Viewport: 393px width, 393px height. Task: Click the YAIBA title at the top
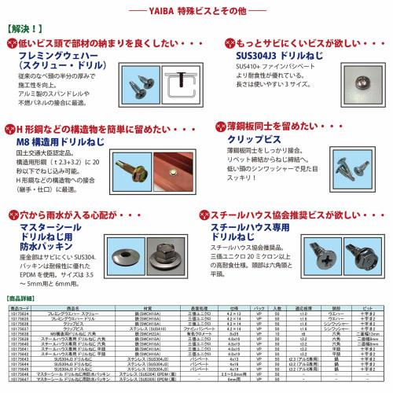[196, 11]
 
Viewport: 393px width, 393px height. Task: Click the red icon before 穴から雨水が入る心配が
[14, 213]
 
